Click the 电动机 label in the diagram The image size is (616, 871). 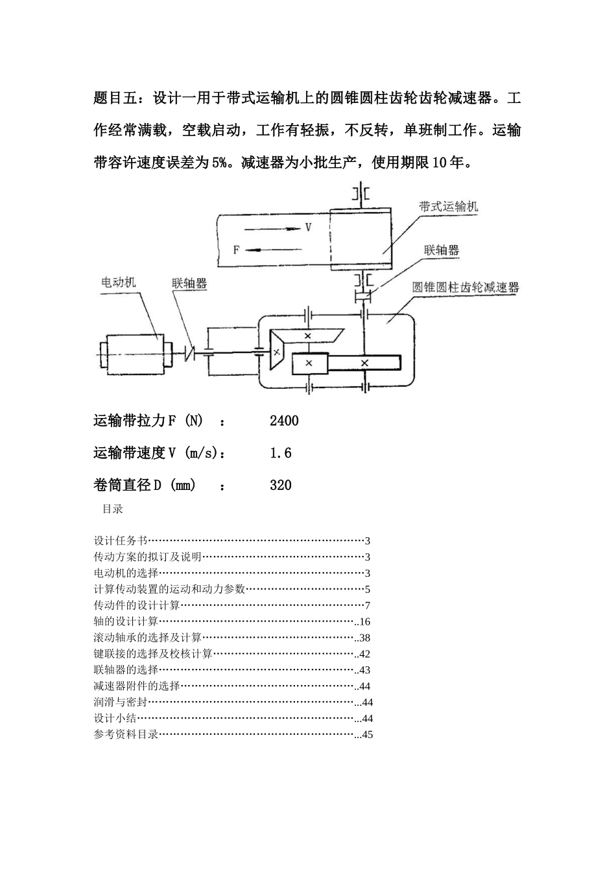click(119, 282)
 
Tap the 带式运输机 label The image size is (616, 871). click(448, 207)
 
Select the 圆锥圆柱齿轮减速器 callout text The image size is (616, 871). click(466, 288)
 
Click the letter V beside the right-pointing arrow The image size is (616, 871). click(309, 227)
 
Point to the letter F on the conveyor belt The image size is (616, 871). click(237, 249)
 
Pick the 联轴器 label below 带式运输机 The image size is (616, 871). click(442, 250)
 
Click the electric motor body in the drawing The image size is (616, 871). click(136, 354)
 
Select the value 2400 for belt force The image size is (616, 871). click(284, 421)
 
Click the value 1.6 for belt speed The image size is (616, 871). click(281, 453)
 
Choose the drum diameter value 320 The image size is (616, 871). click(281, 485)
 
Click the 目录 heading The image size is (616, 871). click(113, 509)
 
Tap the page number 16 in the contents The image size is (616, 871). click(364, 621)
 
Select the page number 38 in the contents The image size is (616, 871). click(364, 638)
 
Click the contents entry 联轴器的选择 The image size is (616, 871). click(126, 670)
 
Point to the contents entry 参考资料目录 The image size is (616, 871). click(126, 735)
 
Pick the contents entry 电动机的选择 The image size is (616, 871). click(126, 573)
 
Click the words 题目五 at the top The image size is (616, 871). click(115, 99)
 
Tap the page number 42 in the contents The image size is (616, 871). click(364, 654)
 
